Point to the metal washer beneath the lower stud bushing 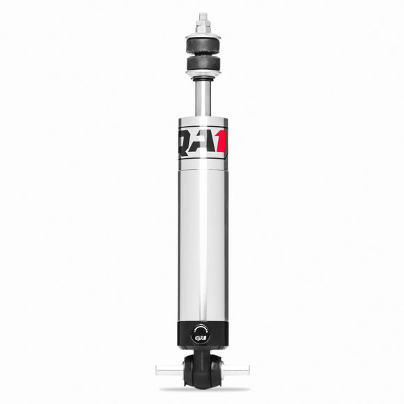tap(202, 76)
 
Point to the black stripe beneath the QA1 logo tap(203, 164)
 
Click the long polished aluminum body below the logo tap(203, 244)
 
